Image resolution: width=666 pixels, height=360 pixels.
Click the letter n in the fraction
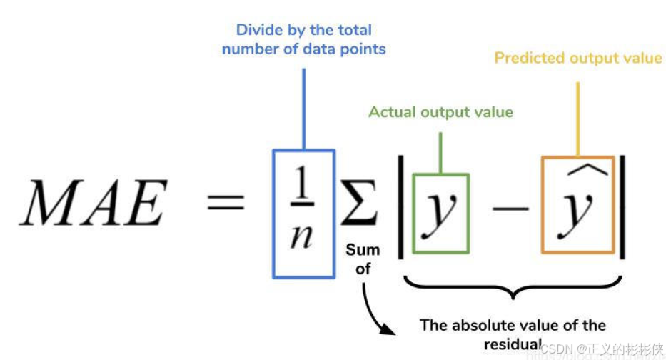pos(303,236)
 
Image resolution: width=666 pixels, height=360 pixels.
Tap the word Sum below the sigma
pos(363,251)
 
